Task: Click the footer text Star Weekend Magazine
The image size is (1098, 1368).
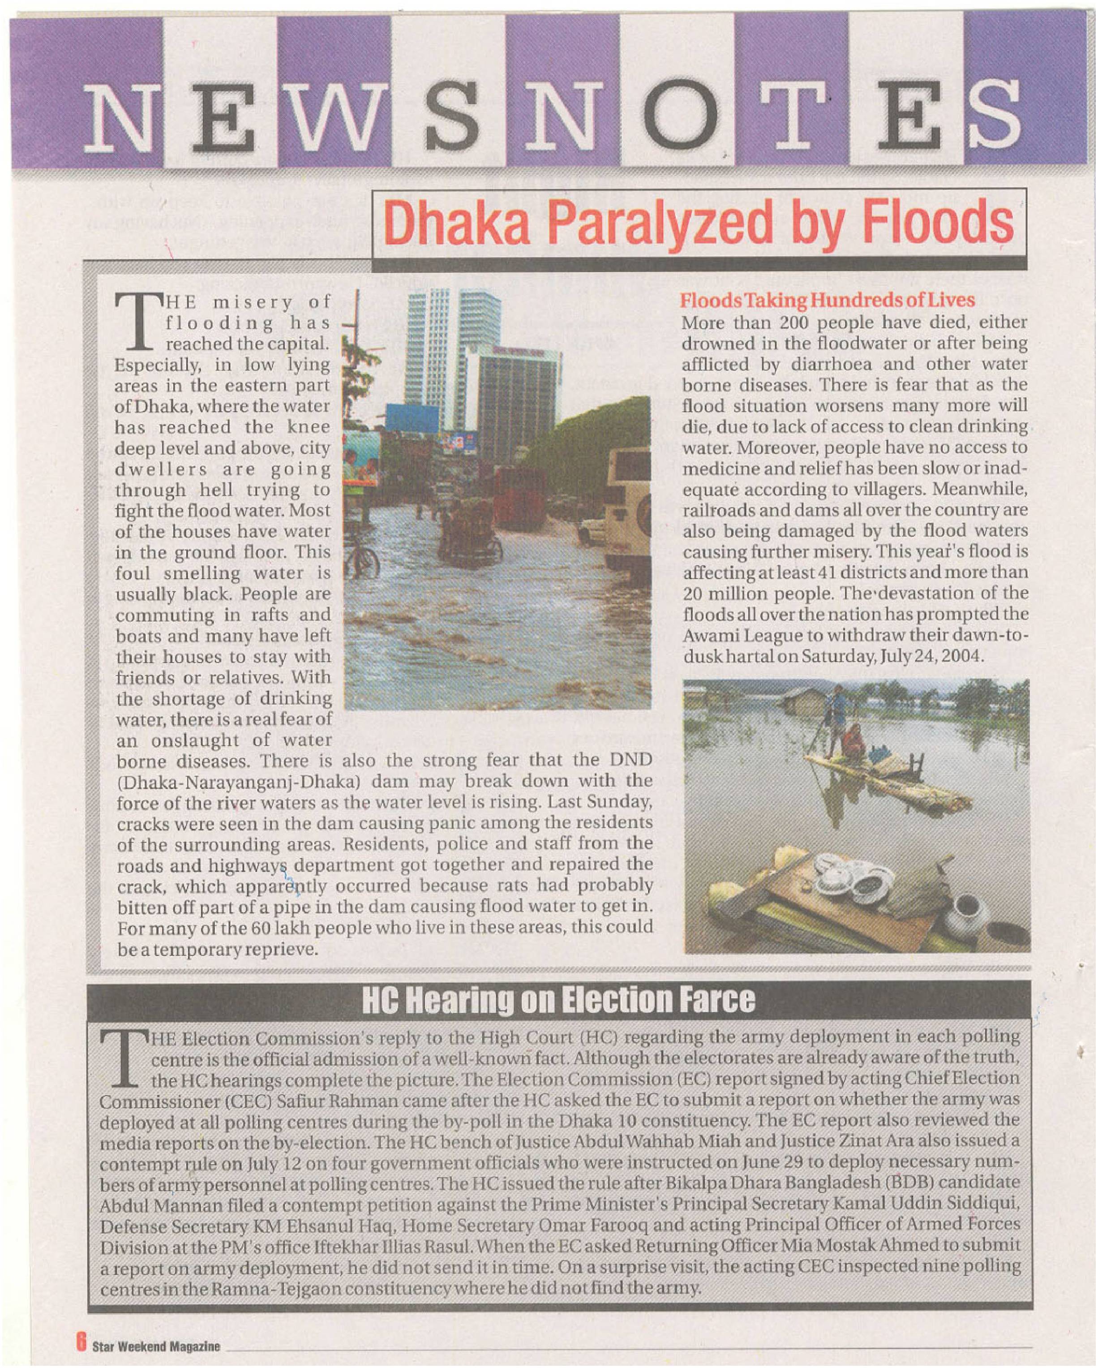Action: [156, 1345]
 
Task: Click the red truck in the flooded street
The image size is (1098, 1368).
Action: [520, 498]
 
